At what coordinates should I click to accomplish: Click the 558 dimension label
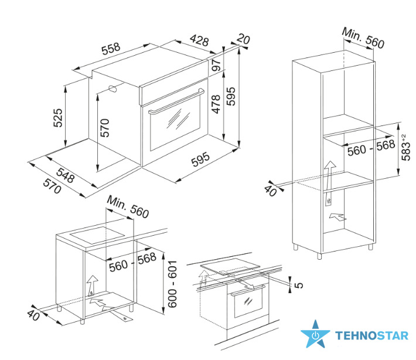[111, 49]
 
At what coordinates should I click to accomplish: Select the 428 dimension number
[199, 40]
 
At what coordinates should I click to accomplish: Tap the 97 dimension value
[216, 64]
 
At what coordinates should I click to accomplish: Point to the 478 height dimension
[216, 104]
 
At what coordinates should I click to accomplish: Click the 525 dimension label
[58, 118]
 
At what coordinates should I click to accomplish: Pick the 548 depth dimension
[65, 175]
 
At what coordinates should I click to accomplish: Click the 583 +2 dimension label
[406, 147]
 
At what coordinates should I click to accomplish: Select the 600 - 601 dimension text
[172, 284]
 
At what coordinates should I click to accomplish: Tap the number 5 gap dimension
[299, 285]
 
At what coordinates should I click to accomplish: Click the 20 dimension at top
[243, 39]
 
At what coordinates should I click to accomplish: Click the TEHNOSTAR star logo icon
[315, 334]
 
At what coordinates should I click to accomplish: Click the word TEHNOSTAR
[371, 335]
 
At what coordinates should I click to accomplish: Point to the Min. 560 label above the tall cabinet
[363, 38]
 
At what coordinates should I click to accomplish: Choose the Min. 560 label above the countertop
[128, 207]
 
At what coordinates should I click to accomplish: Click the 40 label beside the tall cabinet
[271, 191]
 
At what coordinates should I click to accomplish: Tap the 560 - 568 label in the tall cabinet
[371, 148]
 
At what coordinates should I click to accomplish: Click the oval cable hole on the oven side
[114, 89]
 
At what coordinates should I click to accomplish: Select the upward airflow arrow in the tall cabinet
[329, 183]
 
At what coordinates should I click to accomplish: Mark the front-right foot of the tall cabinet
[319, 256]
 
